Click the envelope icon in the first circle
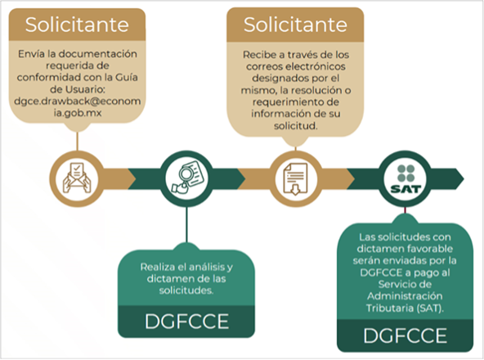point(77,178)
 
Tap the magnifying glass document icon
point(187,178)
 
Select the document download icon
point(296,179)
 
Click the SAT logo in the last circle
point(406,179)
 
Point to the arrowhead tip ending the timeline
point(464,179)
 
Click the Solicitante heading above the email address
point(77,25)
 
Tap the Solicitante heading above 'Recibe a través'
point(295,25)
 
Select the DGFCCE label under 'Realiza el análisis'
point(186,322)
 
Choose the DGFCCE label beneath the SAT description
point(406,335)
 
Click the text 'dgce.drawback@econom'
point(77,101)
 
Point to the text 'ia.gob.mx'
point(78,113)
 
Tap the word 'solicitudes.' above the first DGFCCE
point(186,290)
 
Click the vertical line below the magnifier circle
point(186,225)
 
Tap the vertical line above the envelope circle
point(77,142)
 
